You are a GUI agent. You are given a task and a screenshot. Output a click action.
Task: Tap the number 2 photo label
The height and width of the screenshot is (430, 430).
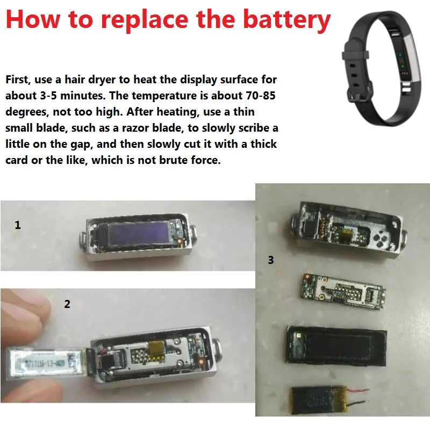[x=67, y=304]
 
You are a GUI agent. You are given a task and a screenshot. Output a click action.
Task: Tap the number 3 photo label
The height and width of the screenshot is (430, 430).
[x=270, y=261]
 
